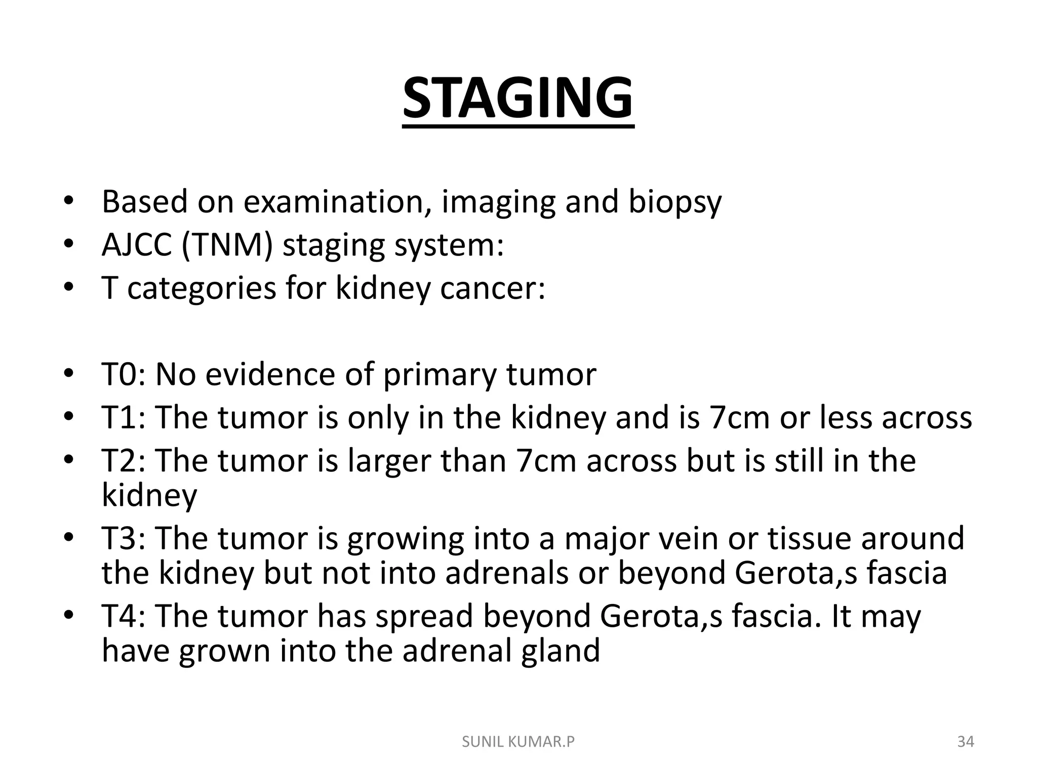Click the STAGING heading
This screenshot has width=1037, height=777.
[x=517, y=98]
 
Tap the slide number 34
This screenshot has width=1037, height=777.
[x=966, y=742]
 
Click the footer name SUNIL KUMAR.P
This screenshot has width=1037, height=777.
[x=518, y=742]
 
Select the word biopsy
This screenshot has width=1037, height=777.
[x=674, y=202]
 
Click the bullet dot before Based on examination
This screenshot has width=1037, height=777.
[x=69, y=202]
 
